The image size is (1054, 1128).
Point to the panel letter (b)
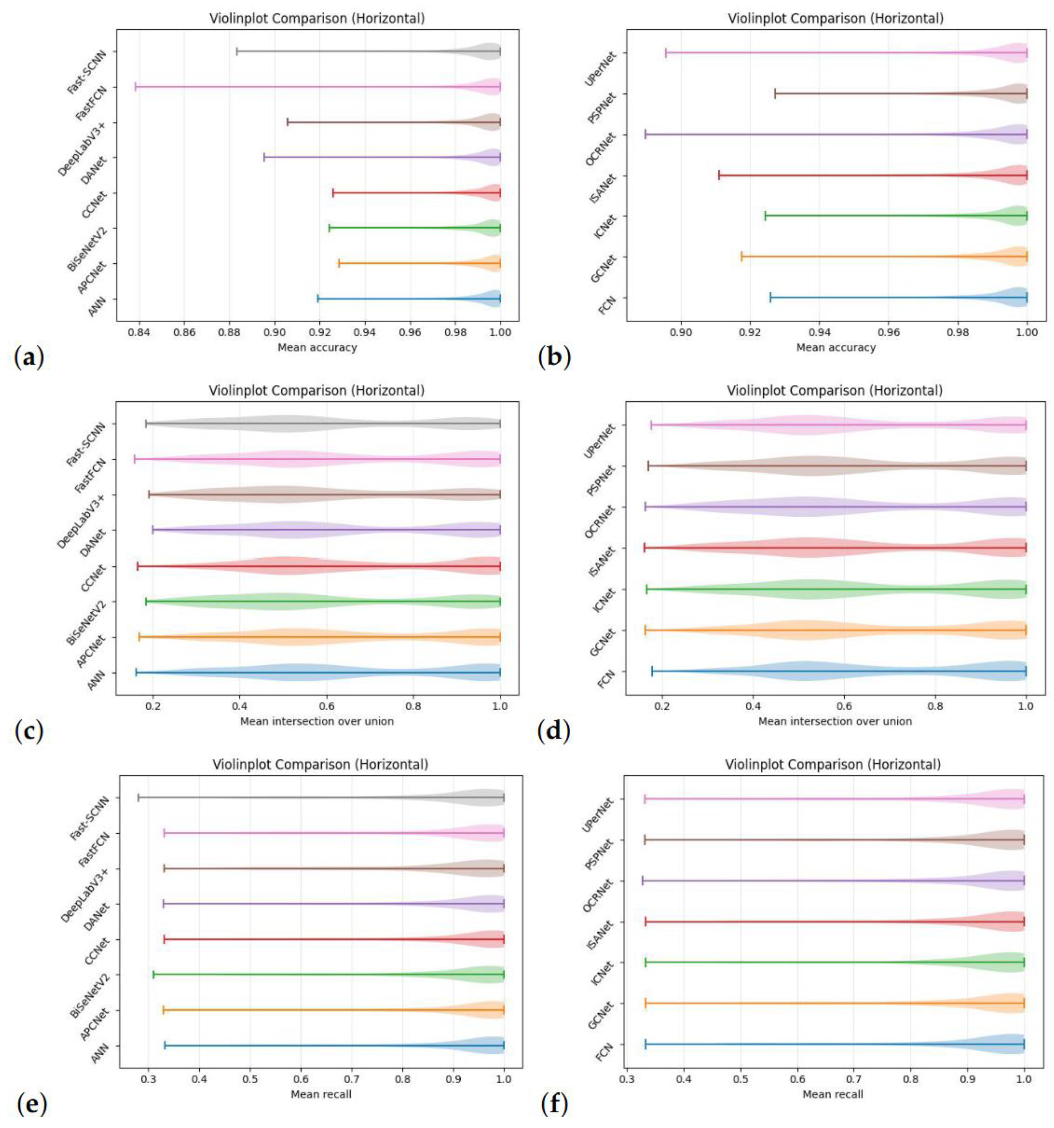(554, 358)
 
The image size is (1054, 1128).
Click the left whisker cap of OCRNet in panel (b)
(645, 135)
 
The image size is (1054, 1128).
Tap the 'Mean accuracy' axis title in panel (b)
(836, 347)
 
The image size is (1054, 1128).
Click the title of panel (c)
(316, 391)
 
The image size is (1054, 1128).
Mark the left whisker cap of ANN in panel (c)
(136, 673)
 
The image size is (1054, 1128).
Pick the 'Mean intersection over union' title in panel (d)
(834, 721)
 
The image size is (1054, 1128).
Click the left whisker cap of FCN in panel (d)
(652, 671)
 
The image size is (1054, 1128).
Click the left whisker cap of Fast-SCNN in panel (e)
(138, 797)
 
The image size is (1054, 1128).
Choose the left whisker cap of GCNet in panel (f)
(645, 1003)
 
